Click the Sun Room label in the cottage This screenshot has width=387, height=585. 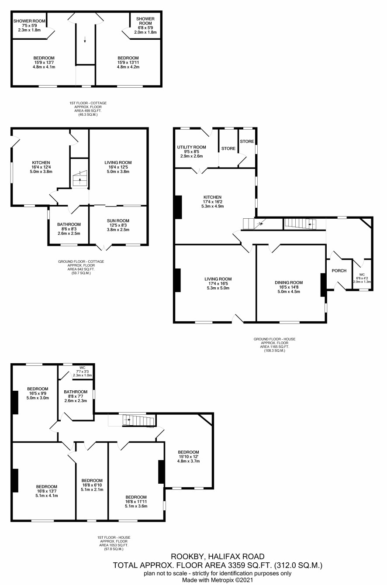(x=118, y=220)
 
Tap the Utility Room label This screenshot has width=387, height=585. (x=192, y=147)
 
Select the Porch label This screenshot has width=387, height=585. (x=339, y=271)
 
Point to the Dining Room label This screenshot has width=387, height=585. (x=289, y=282)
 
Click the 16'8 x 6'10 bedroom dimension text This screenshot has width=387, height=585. (x=92, y=485)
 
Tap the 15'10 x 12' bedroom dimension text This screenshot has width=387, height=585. (x=188, y=457)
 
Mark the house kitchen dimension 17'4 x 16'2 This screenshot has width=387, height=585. (x=212, y=202)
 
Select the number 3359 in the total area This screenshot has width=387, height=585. (x=236, y=565)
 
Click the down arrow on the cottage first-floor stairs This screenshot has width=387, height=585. (x=85, y=39)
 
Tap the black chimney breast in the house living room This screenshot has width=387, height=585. (x=177, y=280)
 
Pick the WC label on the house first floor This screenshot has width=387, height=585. (x=82, y=368)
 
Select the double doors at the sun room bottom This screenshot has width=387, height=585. (x=104, y=247)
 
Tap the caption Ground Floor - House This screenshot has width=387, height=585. (x=274, y=339)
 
